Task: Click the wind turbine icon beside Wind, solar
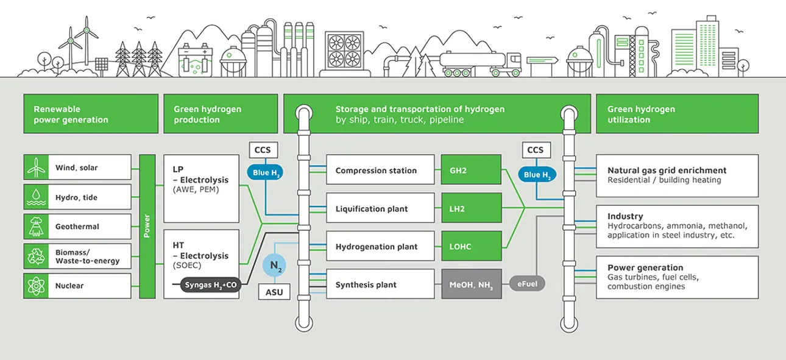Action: [36, 168]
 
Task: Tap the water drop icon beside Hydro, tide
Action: [36, 197]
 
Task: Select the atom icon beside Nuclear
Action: [36, 286]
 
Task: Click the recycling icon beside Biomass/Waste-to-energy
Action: [36, 256]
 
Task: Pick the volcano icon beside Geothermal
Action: [36, 227]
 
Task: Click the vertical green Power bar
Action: [147, 227]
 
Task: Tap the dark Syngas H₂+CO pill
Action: [211, 284]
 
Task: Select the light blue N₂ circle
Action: [274, 265]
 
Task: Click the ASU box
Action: [274, 292]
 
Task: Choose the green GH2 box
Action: [471, 170]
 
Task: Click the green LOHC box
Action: [471, 246]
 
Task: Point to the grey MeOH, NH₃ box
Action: [471, 284]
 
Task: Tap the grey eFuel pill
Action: [527, 283]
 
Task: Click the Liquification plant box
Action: [380, 208]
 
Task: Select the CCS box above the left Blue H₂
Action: [263, 150]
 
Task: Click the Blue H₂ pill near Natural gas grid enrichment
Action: [537, 174]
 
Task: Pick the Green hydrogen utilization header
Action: [677, 114]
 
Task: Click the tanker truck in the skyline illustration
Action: [480, 64]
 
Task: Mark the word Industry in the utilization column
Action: [625, 216]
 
